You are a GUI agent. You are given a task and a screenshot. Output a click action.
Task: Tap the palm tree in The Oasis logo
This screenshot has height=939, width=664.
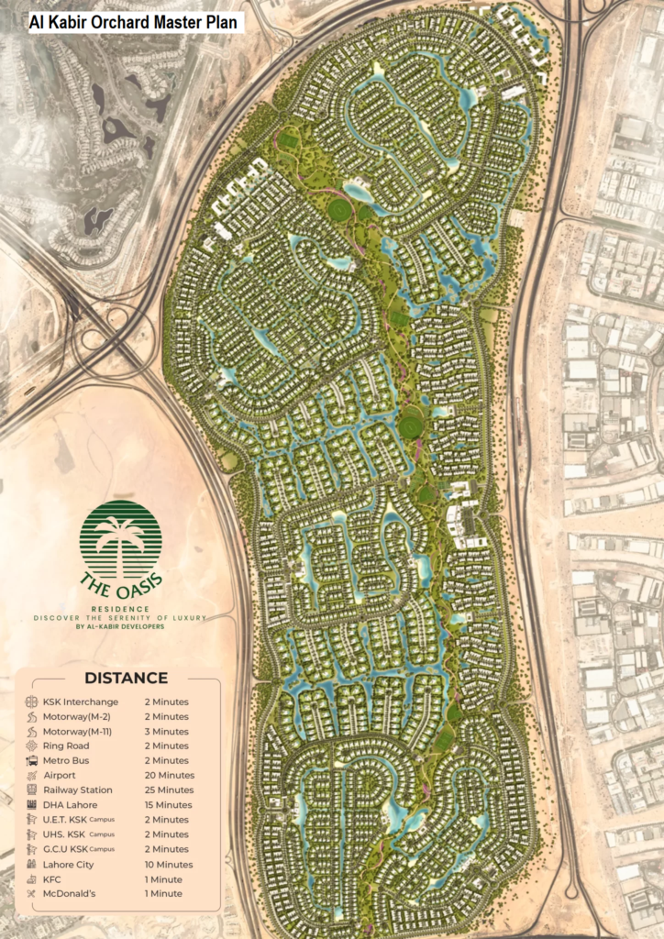120,541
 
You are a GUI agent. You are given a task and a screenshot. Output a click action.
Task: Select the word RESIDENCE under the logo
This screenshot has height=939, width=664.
120,607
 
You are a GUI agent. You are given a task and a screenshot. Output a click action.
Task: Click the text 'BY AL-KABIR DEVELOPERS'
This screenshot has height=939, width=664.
120,627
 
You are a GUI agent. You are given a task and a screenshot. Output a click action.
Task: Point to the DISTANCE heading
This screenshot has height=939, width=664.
126,679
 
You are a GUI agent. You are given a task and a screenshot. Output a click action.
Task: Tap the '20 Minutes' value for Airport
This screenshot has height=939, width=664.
168,775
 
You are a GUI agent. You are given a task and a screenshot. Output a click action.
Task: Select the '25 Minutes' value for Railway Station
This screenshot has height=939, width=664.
169,790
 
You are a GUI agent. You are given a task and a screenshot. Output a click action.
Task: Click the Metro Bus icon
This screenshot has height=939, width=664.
31,760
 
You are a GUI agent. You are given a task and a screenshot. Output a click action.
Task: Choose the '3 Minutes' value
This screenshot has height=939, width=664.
166,731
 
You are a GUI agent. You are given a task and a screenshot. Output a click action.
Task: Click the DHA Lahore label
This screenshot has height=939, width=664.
70,804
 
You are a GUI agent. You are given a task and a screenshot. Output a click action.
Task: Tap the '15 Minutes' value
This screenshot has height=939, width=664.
168,804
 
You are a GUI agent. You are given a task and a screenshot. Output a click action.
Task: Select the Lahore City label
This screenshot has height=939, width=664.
68,864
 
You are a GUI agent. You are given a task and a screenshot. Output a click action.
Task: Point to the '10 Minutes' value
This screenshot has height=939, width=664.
169,864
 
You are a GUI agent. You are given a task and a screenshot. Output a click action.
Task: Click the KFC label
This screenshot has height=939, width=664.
52,878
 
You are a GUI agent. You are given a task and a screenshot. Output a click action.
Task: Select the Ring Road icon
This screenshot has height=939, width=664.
31,746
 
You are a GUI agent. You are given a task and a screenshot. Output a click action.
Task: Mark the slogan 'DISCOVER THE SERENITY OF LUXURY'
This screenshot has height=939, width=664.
120,617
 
